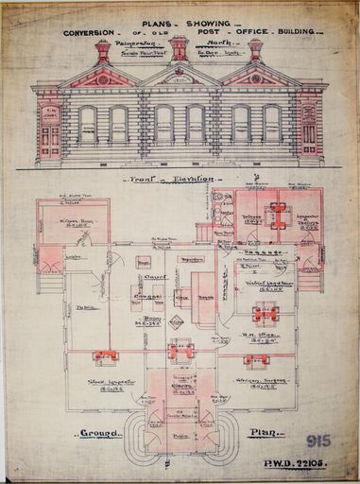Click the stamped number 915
(318, 441)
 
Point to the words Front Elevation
(180, 178)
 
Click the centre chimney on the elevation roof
(180, 48)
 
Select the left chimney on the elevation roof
(103, 50)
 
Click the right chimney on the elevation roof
(255, 50)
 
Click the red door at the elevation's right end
(309, 137)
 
